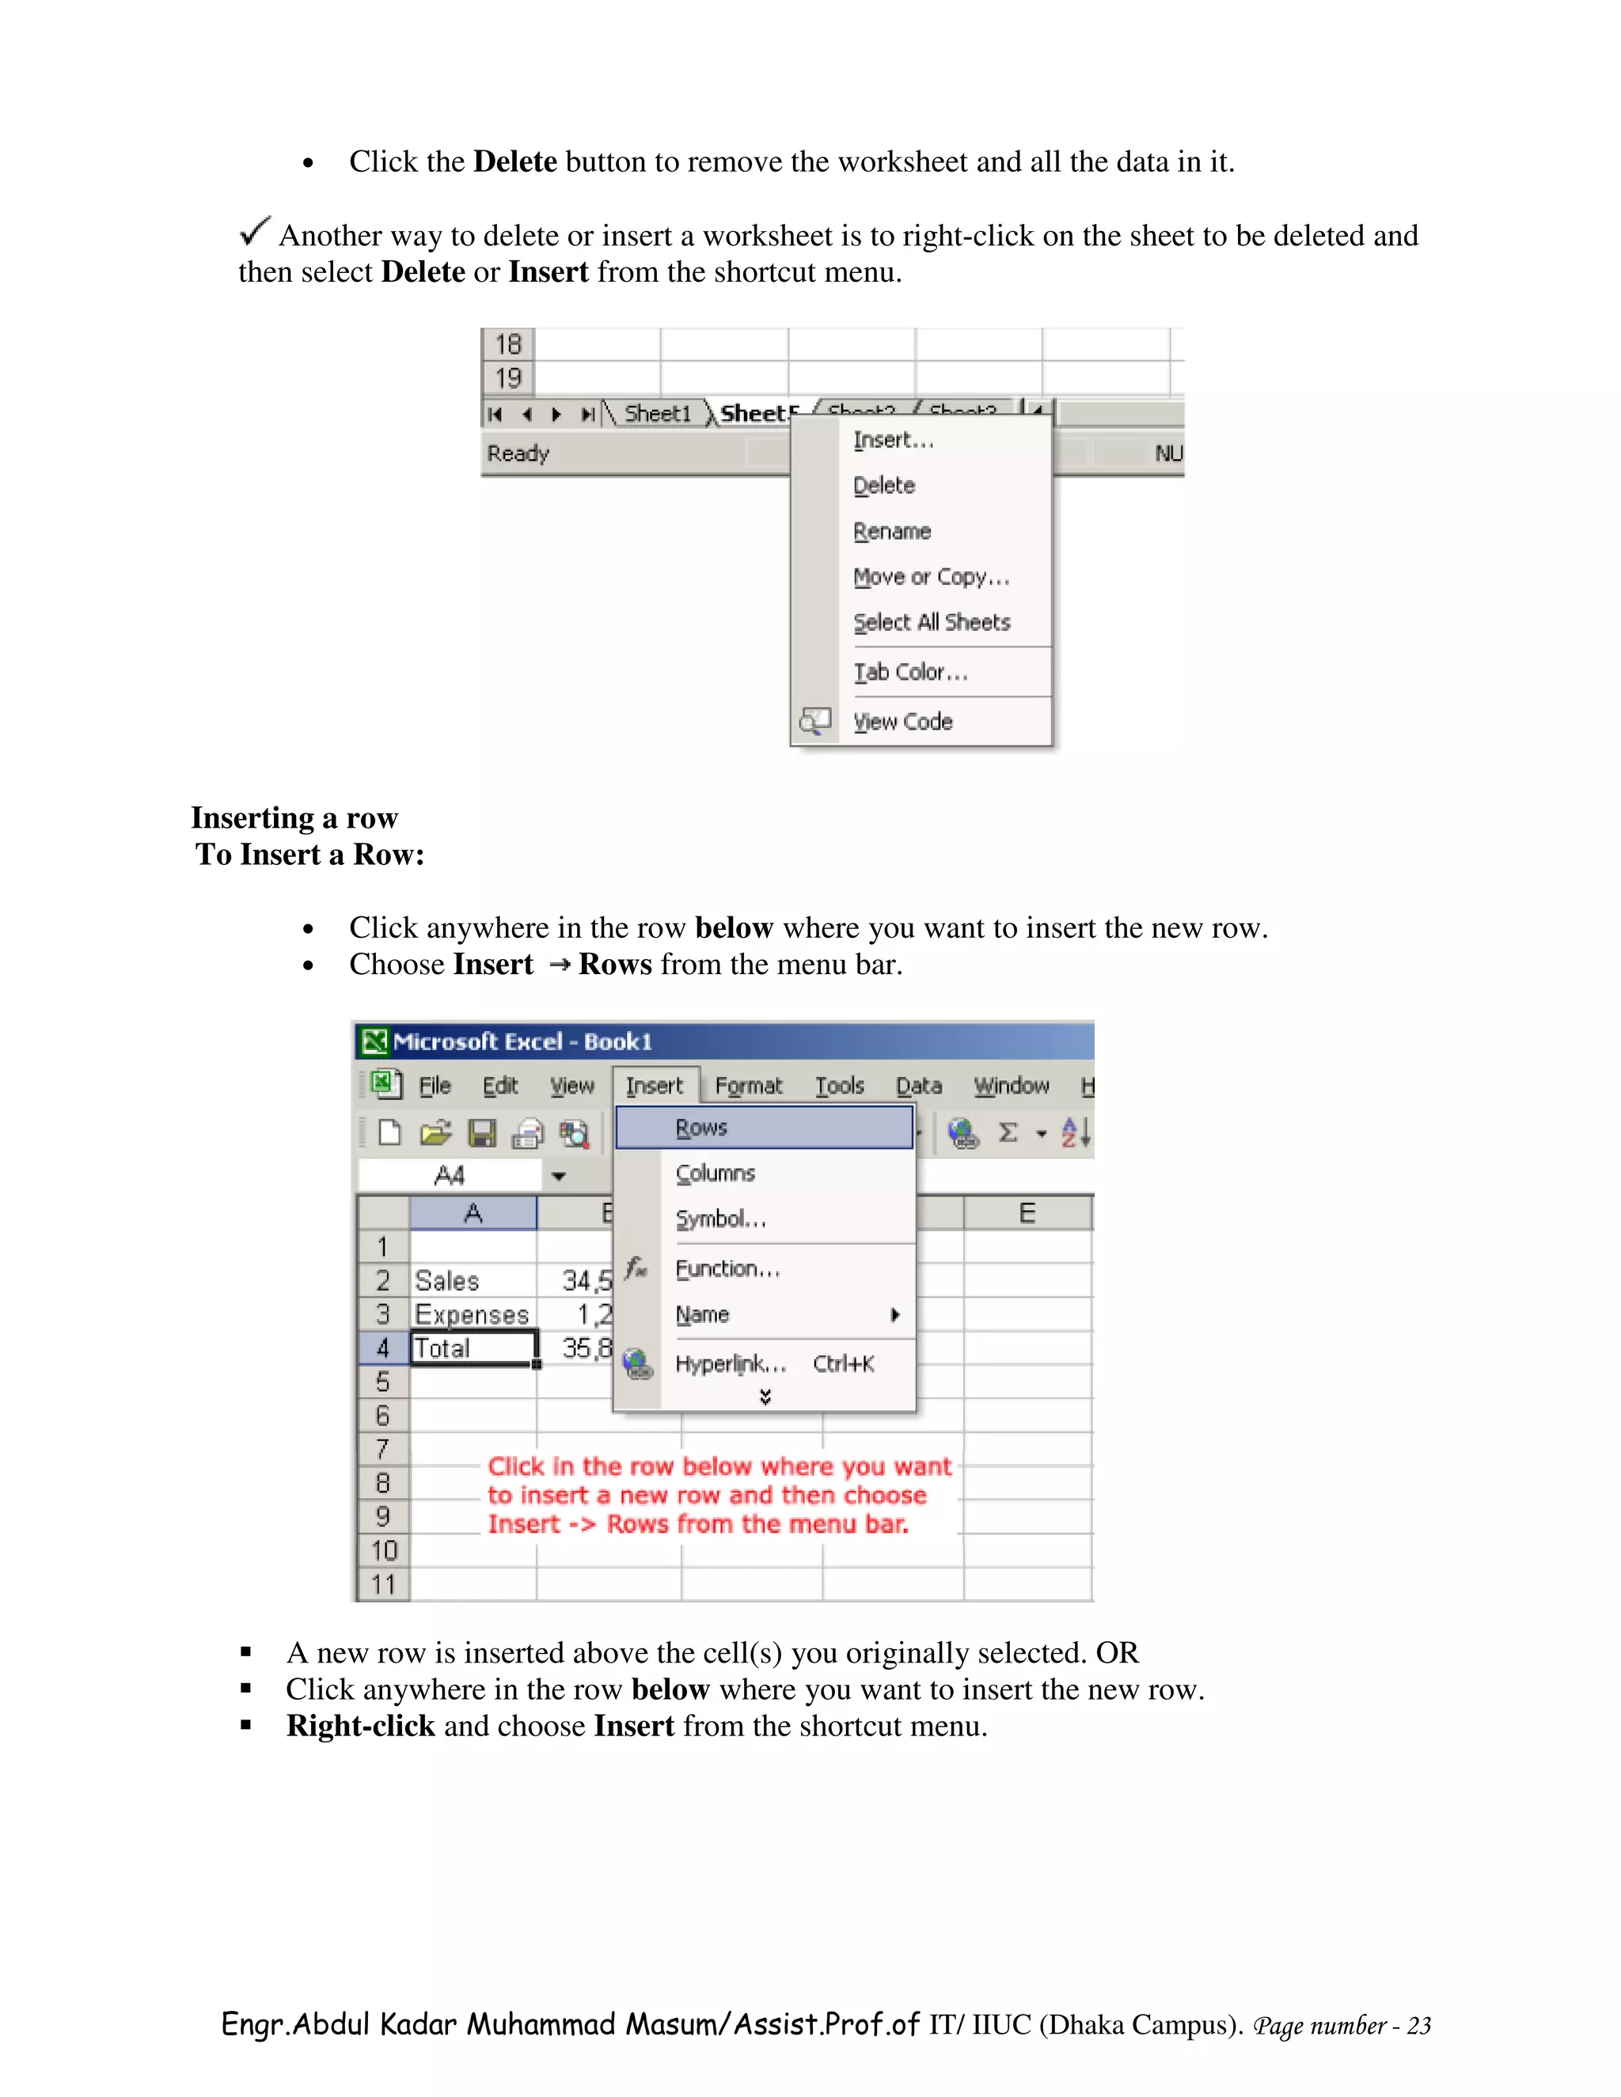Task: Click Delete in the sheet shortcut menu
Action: [x=883, y=485]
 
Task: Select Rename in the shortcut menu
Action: [x=891, y=531]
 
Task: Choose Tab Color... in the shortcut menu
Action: [x=909, y=672]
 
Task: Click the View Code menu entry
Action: [x=902, y=722]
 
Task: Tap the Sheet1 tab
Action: [x=657, y=414]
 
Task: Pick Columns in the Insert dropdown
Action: [x=715, y=1174]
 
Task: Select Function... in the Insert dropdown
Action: [x=726, y=1269]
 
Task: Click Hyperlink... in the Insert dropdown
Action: [x=730, y=1364]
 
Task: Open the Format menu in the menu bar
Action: [x=748, y=1086]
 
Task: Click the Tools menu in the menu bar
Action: [x=839, y=1086]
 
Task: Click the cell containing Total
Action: [x=473, y=1348]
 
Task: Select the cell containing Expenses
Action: [x=472, y=1314]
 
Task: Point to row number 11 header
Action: [x=383, y=1584]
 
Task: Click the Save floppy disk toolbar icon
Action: [x=481, y=1134]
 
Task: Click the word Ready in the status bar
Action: [x=518, y=453]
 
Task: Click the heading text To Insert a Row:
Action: [x=309, y=855]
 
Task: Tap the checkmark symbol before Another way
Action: [x=255, y=230]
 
